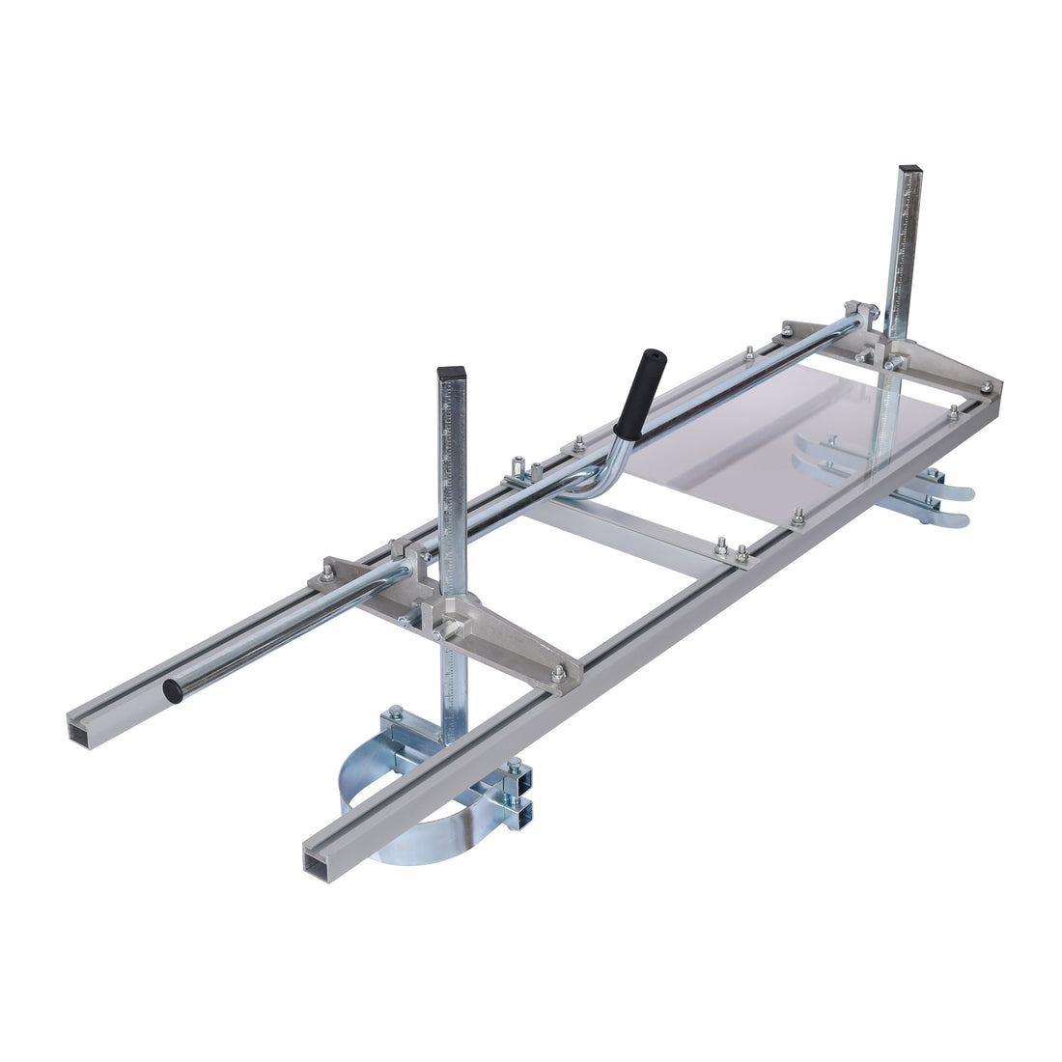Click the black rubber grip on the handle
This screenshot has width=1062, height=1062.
tap(640, 393)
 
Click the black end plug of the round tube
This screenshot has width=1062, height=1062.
tap(174, 690)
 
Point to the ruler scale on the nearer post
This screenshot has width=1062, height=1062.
tap(450, 463)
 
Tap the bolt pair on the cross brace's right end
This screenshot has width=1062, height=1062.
tap(731, 549)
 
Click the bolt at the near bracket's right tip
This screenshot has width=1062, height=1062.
tap(558, 673)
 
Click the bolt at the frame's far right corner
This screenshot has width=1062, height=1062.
tap(986, 387)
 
